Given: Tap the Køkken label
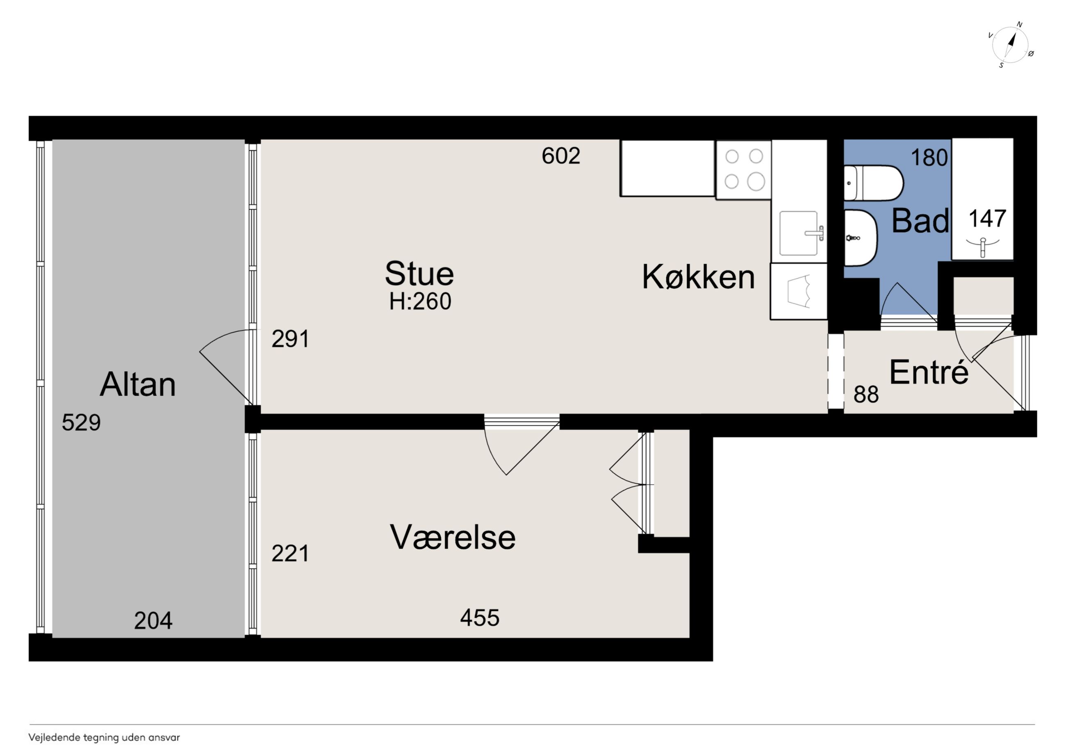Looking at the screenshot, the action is point(698,277).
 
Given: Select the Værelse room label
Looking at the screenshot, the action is point(453,537).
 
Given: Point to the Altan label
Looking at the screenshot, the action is point(138,384).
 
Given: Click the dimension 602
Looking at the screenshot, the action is point(561,155).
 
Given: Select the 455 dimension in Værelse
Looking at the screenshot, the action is point(480,618).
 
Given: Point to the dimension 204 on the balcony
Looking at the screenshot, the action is point(153,621).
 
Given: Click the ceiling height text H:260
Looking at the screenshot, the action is point(420,302).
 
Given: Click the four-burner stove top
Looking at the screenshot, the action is point(744,170).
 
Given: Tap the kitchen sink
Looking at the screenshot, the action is point(799,233).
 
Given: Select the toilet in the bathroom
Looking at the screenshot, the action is point(873,183).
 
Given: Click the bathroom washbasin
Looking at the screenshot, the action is point(860,238).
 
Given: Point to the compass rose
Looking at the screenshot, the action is point(1010,45).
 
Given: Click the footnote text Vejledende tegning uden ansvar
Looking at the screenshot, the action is point(104,738).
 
